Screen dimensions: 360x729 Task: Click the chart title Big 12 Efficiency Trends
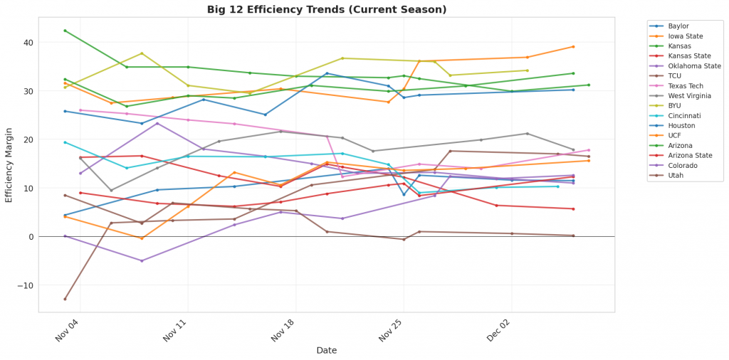327,9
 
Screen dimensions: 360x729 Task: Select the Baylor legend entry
678,26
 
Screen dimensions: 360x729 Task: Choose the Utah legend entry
676,176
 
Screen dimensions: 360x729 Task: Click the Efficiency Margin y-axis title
9,164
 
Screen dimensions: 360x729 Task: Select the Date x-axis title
327,350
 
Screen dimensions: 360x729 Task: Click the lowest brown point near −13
65,299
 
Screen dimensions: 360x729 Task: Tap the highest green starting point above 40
65,31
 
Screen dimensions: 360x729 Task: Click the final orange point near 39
573,47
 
